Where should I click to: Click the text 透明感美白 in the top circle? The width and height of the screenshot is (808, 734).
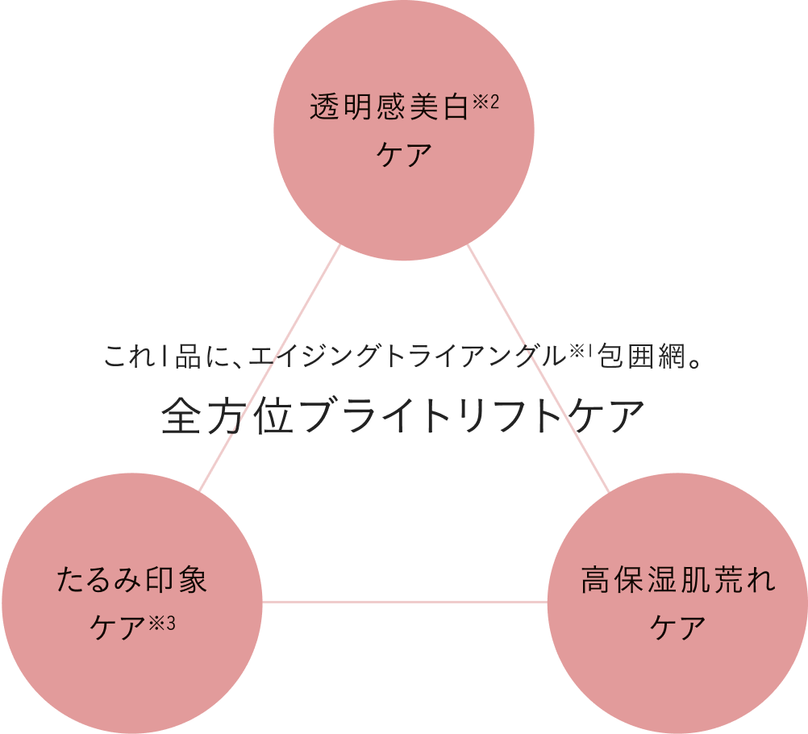tap(389, 108)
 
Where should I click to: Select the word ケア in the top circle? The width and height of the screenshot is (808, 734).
tap(404, 154)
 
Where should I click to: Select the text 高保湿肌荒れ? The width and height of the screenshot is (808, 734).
tap(677, 581)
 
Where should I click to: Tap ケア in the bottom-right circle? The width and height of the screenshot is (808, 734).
tap(677, 628)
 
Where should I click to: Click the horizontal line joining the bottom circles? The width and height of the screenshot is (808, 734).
tap(404, 602)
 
